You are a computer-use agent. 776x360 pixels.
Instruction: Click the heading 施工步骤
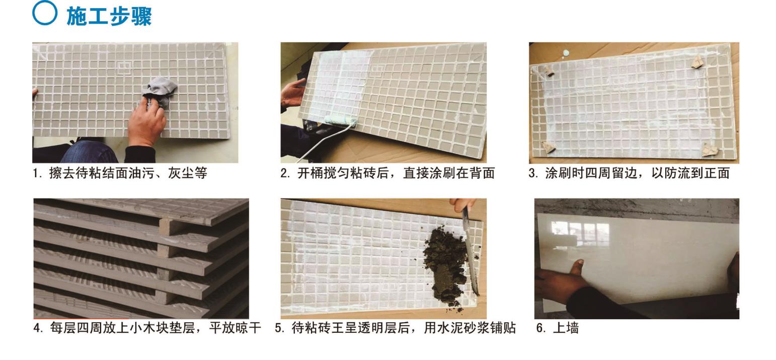(109, 16)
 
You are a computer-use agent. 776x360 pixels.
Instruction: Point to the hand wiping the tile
(147, 123)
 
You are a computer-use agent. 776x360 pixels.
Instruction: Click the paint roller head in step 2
(341, 121)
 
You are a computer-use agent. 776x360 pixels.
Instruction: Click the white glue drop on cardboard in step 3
(566, 53)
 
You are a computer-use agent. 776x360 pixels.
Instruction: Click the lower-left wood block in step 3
(549, 147)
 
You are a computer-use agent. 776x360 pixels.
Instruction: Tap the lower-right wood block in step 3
(710, 150)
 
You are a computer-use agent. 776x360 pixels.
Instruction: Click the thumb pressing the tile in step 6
(578, 268)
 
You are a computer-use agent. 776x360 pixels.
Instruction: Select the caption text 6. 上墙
(558, 328)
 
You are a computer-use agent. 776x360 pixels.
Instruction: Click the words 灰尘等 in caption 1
(188, 173)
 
